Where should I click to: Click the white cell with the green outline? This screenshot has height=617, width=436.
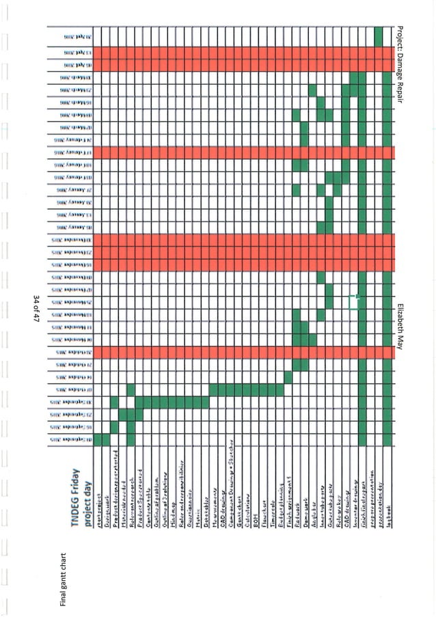coord(354,301)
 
